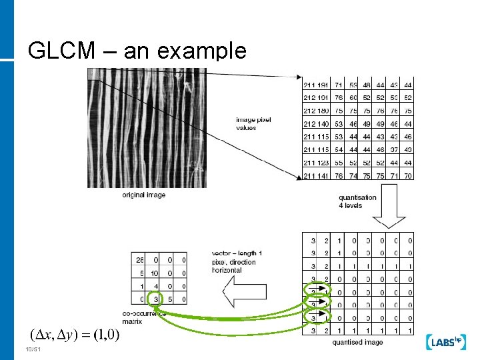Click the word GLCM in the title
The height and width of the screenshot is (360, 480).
coord(57,51)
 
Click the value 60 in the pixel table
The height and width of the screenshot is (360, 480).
coord(353,98)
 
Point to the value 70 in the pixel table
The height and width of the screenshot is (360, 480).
coord(408,176)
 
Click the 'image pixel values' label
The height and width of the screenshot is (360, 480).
coord(253,123)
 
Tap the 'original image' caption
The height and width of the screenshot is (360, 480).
coord(144,195)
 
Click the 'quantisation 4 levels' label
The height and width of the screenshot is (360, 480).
coord(357,201)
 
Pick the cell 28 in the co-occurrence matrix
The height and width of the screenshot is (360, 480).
coord(140,259)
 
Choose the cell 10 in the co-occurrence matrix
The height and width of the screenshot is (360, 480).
coord(154,273)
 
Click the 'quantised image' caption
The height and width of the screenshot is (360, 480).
coord(357,342)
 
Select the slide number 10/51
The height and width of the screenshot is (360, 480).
coord(33,350)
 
